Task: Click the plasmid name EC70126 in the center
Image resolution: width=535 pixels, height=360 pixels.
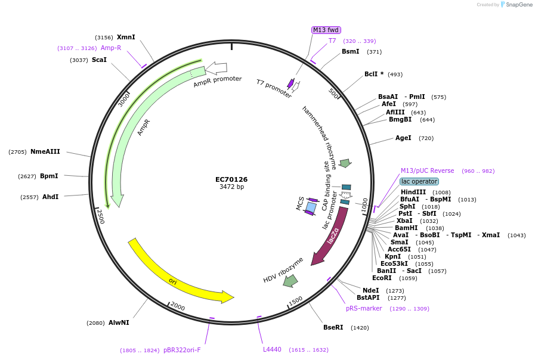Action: (x=231, y=179)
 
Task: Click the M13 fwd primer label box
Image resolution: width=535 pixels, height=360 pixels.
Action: (x=326, y=30)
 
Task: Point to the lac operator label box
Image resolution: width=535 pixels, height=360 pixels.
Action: (x=419, y=181)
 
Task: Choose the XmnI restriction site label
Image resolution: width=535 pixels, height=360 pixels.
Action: (x=126, y=37)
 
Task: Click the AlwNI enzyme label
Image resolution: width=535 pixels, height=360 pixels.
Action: (x=119, y=322)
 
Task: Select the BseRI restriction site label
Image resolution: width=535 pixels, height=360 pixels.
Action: (x=333, y=327)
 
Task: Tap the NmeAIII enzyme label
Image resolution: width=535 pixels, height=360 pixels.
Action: (x=45, y=151)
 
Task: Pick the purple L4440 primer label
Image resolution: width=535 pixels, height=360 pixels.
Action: (x=272, y=349)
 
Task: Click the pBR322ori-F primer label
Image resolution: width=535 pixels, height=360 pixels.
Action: (x=182, y=350)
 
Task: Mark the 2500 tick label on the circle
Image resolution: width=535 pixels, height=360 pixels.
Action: (x=101, y=216)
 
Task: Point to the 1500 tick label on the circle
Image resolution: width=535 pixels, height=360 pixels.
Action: (x=296, y=300)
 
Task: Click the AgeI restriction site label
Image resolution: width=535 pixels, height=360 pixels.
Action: (x=403, y=138)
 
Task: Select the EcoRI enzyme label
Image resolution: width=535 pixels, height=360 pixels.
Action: (x=382, y=278)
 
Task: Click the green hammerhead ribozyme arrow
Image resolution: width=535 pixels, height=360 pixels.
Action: (x=345, y=163)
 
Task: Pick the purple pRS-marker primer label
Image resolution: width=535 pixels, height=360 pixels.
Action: (x=364, y=308)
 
